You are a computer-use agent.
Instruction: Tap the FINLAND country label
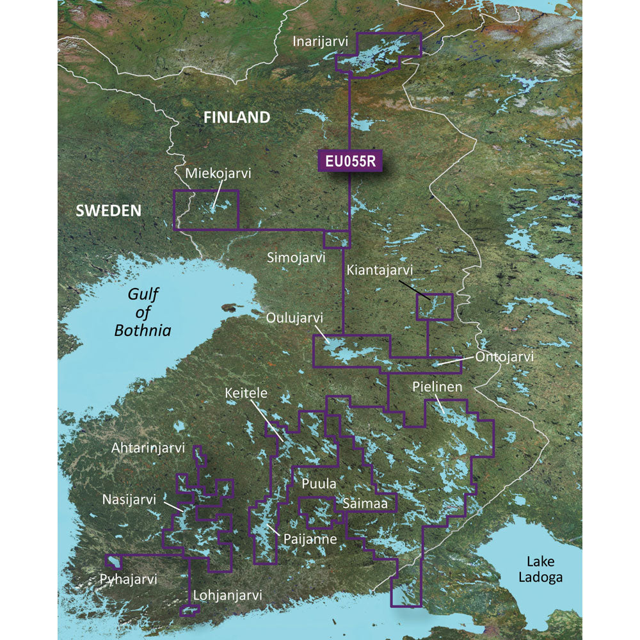[237, 117]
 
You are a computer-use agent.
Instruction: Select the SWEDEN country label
[108, 211]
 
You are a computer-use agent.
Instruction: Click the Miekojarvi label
[218, 173]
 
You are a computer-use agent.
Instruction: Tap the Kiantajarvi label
[380, 271]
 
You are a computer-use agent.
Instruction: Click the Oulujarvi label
[295, 318]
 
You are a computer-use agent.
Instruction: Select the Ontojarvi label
[504, 356]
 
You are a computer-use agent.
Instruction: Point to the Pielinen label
[437, 387]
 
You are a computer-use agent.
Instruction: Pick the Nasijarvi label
[129, 499]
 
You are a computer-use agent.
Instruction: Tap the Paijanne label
[310, 540]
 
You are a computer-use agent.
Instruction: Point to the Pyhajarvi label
[128, 580]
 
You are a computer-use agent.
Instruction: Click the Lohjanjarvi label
[227, 595]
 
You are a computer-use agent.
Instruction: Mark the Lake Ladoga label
[544, 569]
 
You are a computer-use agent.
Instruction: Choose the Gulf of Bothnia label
[143, 312]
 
